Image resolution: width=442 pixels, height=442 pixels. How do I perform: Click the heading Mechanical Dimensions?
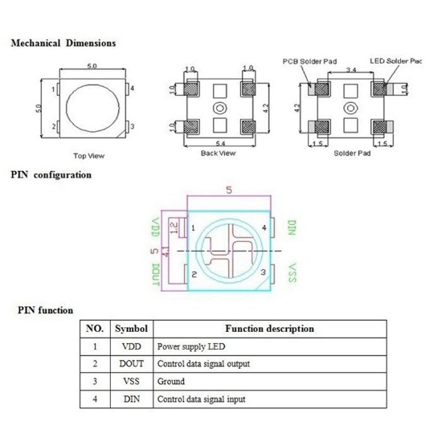click(63, 43)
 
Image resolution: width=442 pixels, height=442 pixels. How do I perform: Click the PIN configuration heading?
click(51, 174)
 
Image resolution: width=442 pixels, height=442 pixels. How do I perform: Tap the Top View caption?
click(88, 155)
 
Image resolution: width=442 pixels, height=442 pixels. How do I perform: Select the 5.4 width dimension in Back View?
click(215, 141)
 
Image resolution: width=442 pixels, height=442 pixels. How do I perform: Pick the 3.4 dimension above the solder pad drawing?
click(350, 71)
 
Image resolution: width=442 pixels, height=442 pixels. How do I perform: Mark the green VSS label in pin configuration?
click(293, 273)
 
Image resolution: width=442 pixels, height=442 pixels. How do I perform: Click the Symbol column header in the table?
click(131, 329)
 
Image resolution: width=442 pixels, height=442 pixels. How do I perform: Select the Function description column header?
click(269, 329)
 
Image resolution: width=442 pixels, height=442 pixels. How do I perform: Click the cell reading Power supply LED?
click(191, 346)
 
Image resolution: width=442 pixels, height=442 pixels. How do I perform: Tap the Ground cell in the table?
click(171, 381)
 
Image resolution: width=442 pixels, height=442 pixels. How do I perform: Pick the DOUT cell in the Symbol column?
click(131, 364)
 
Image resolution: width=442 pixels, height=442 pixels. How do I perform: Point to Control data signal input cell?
click(201, 399)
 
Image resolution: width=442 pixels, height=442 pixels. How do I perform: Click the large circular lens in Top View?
click(89, 108)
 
